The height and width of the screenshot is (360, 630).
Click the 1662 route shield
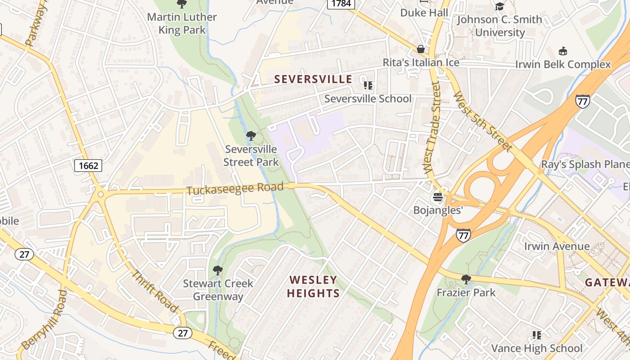point(88,166)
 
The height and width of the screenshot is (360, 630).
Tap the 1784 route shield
point(341,4)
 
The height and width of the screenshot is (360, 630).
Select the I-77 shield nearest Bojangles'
point(463,234)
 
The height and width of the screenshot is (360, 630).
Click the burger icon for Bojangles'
point(438,197)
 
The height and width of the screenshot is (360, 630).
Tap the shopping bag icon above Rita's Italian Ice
point(421,49)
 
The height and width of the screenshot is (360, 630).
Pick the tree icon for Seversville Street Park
point(251,135)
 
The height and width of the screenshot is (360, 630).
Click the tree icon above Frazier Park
point(466,279)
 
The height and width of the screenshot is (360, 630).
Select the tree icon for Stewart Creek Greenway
point(218,270)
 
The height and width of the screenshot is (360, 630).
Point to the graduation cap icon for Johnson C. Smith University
point(499,6)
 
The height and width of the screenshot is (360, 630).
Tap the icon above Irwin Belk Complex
point(562,51)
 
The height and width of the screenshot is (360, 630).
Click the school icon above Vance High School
point(536,335)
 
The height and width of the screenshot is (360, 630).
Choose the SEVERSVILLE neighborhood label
point(313,79)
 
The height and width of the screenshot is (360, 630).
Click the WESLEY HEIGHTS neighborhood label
point(313,287)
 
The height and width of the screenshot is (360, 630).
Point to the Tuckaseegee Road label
point(235,189)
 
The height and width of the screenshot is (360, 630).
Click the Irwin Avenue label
point(557,246)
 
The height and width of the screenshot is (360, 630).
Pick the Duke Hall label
point(424,13)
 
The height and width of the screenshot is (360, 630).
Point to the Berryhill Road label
point(44,319)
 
